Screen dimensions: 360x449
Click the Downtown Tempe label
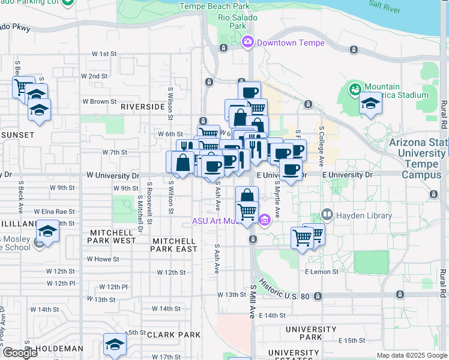[291, 43]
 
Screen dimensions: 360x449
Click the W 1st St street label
[104, 54]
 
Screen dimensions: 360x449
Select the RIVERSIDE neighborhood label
[142, 106]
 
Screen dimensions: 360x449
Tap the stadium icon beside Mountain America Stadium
[355, 90]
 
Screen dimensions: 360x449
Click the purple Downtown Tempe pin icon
[247, 43]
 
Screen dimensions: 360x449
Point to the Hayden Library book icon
[327, 214]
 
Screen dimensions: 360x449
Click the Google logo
[20, 353]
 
